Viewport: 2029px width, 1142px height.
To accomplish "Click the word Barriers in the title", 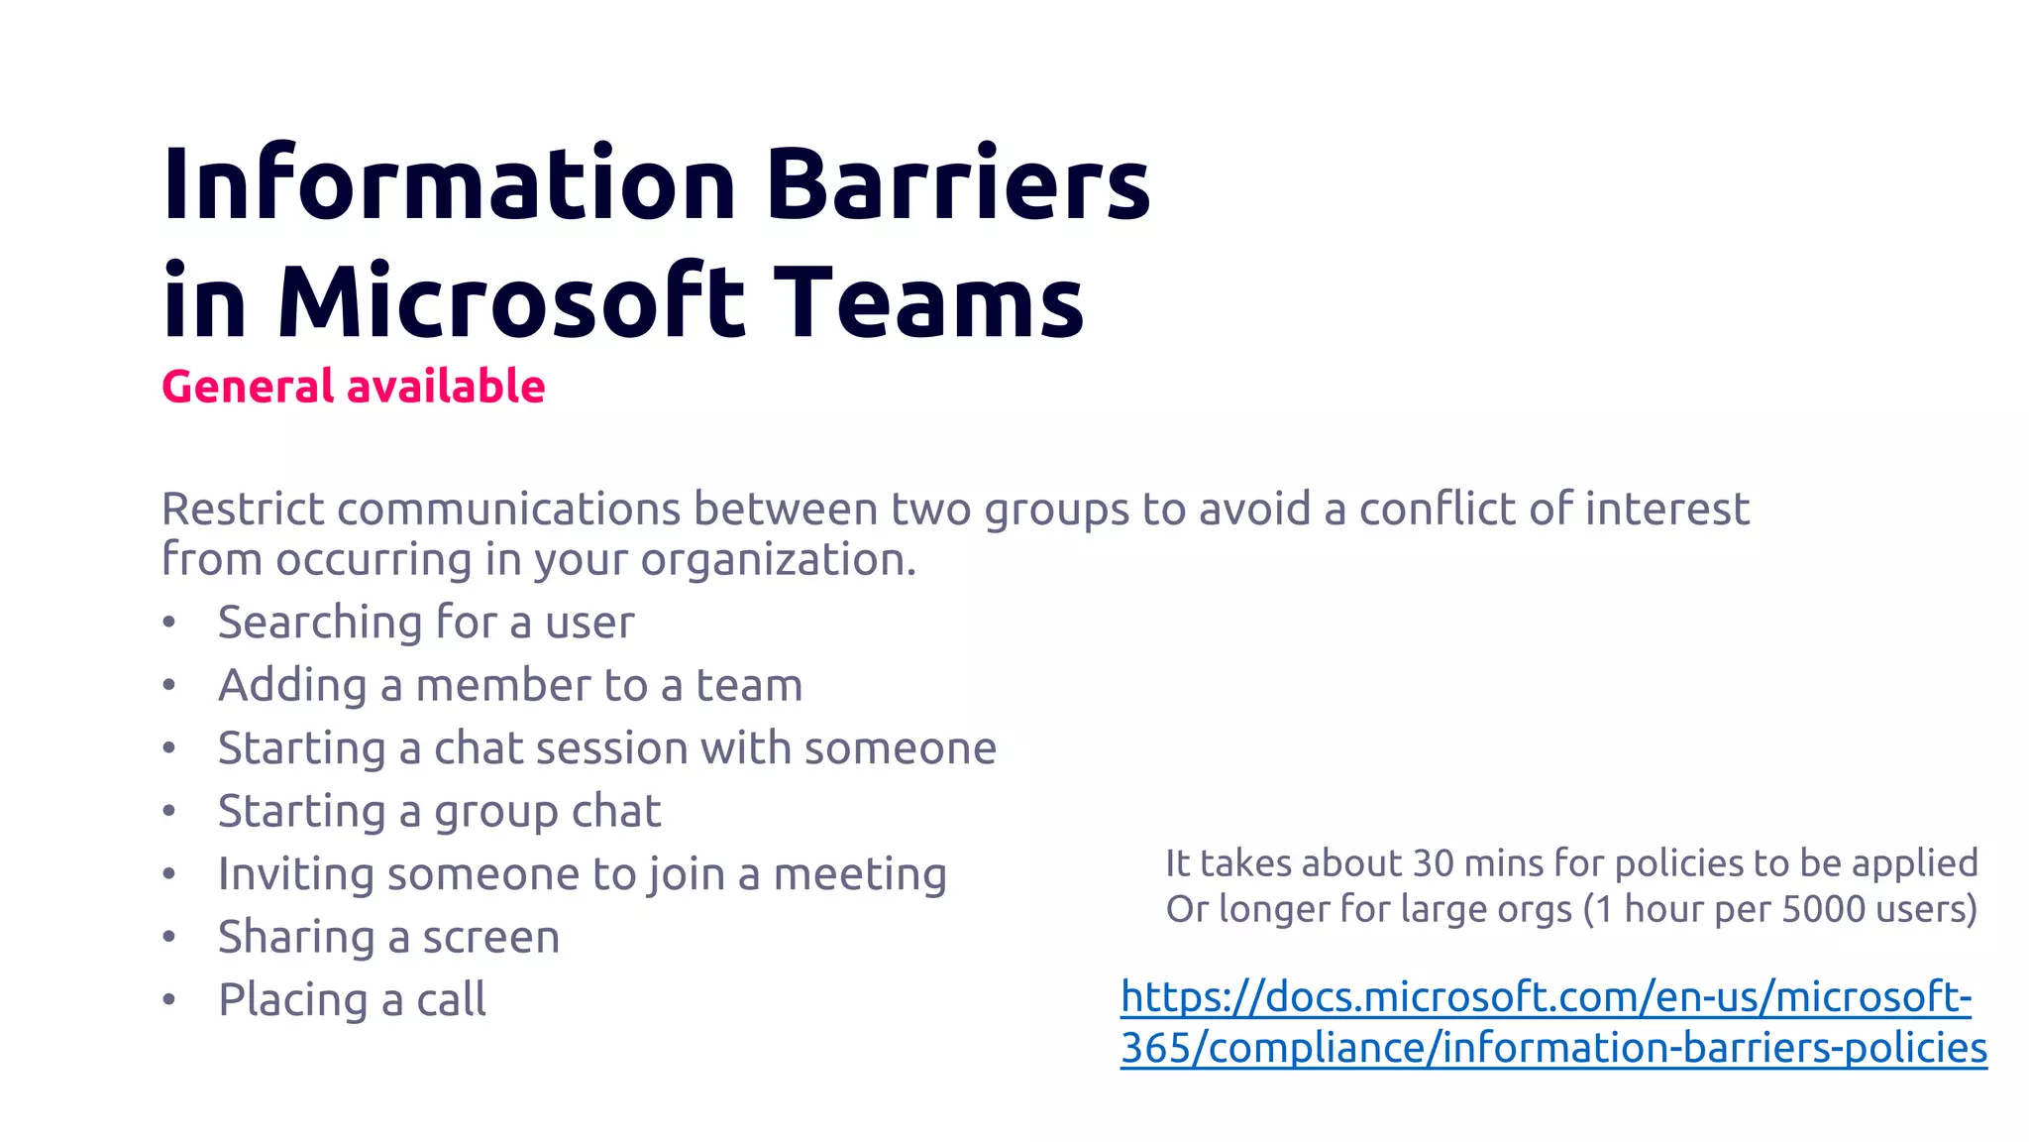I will click(x=957, y=184).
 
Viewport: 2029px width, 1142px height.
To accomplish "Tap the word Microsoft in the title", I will click(x=510, y=301).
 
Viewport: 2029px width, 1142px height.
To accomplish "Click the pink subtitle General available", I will click(x=354, y=387).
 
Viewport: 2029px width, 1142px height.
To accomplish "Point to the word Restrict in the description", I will click(x=243, y=509).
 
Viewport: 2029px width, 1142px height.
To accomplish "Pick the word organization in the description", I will click(x=778, y=560).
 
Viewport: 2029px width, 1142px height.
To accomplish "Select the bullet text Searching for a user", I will click(x=426, y=623).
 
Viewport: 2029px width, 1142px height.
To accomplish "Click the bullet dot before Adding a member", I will click(x=169, y=685).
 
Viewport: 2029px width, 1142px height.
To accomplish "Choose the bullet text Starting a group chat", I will click(x=439, y=811).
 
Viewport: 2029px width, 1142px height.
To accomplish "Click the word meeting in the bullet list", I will click(x=860, y=874).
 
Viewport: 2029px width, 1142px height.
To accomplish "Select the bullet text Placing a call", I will click(x=352, y=999).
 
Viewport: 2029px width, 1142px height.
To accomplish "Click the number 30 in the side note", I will click(x=1433, y=863).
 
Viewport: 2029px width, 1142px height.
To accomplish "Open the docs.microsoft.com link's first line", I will click(x=1546, y=997).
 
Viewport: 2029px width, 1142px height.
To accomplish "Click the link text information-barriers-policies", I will click(x=1714, y=1048).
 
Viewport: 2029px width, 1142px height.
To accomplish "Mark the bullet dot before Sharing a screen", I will click(x=169, y=937).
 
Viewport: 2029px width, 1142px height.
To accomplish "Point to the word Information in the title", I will click(x=449, y=184).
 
